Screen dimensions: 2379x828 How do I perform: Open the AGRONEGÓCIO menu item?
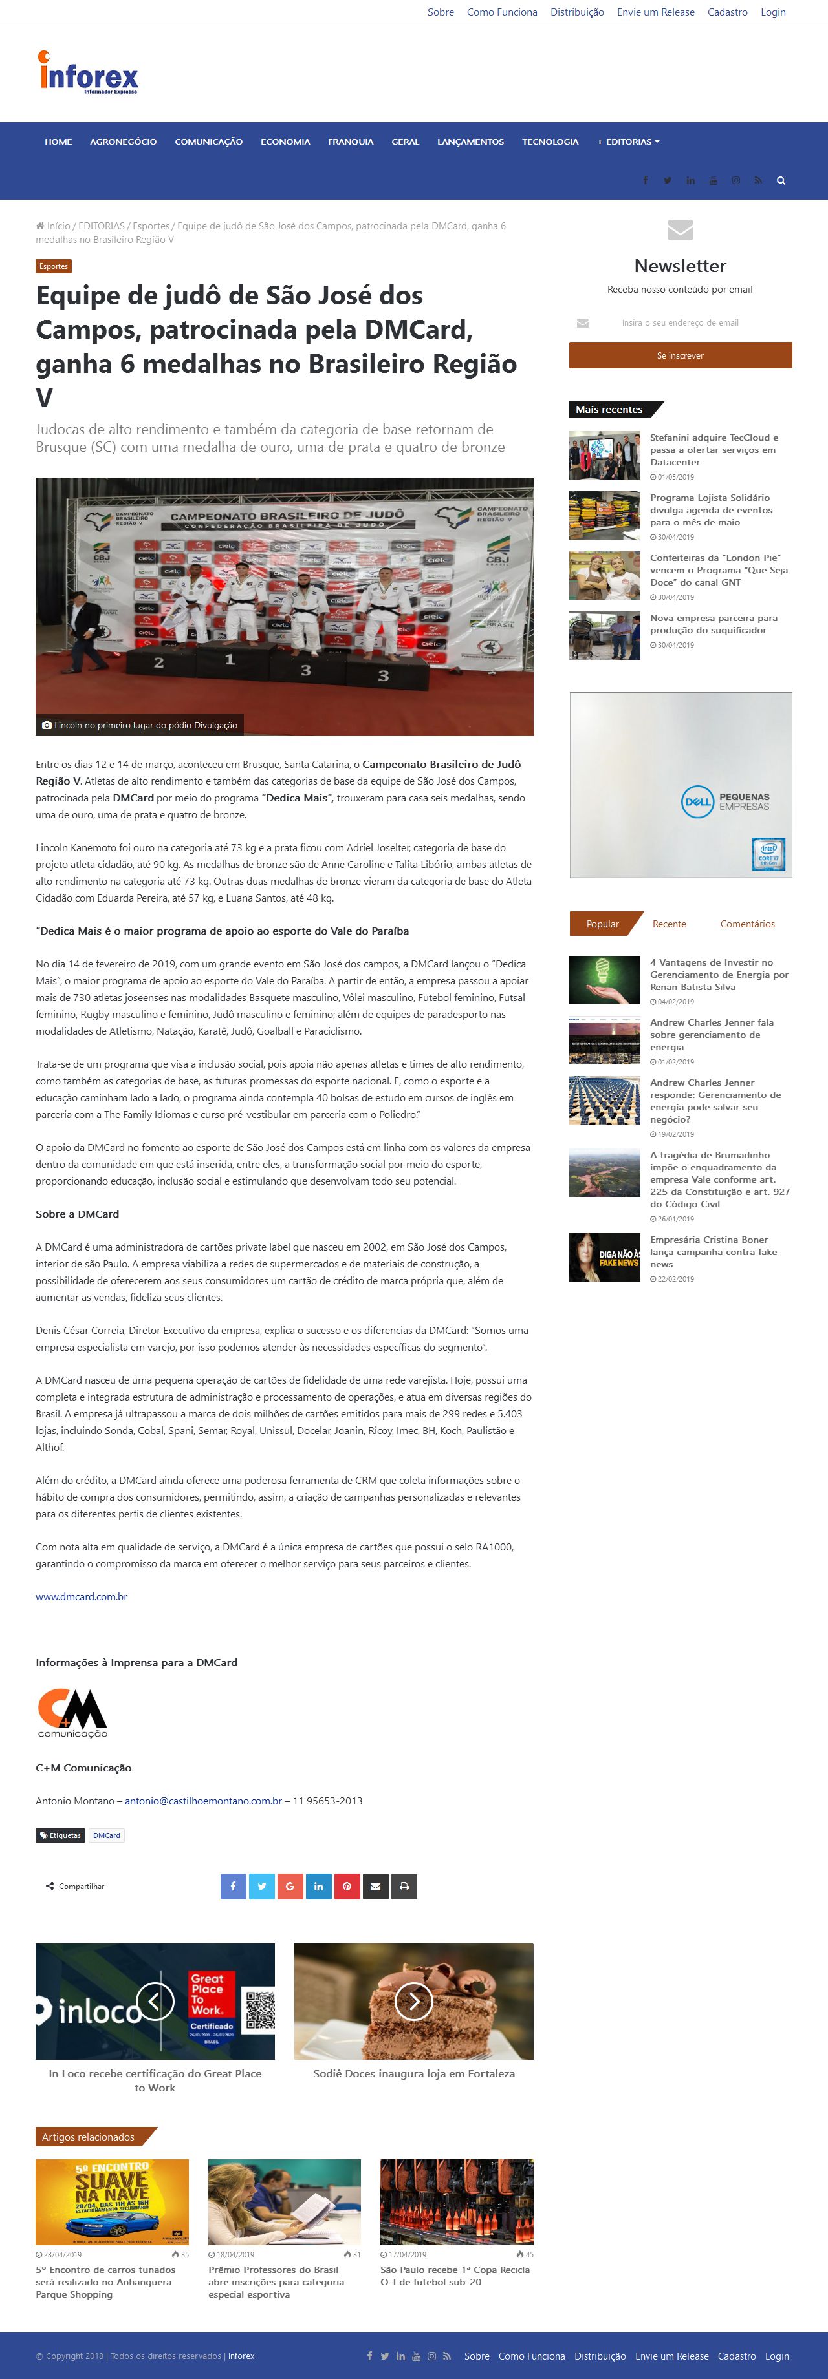pyautogui.click(x=123, y=142)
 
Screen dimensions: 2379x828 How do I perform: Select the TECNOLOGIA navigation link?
pyautogui.click(x=550, y=142)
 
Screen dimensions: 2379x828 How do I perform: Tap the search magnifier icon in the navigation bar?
pyautogui.click(x=781, y=181)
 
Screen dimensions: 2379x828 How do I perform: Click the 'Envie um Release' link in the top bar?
pyautogui.click(x=655, y=12)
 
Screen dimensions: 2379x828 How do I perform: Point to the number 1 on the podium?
pyautogui.click(x=230, y=659)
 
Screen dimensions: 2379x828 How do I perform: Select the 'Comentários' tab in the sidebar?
pyautogui.click(x=746, y=924)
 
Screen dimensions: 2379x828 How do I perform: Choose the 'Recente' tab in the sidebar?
pyautogui.click(x=669, y=924)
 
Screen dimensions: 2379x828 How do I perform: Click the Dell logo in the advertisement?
pyautogui.click(x=698, y=801)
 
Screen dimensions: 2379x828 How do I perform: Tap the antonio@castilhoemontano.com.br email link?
pyautogui.click(x=203, y=1801)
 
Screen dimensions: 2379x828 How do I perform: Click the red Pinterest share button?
pyautogui.click(x=347, y=1887)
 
